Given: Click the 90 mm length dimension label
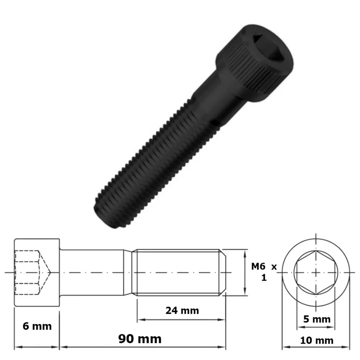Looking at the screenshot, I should coord(140,339).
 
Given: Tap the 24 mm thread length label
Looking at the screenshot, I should coord(182,311).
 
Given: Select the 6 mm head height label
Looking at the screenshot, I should coord(37,326).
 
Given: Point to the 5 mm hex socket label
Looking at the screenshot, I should coord(317,319).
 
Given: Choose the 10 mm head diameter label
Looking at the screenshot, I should coord(316,340).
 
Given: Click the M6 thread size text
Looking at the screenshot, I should coord(258,266).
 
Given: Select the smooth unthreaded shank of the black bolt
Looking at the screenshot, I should coord(213,100).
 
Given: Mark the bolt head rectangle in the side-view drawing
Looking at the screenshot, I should coord(37,272).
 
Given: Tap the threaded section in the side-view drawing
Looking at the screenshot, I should coord(177,272).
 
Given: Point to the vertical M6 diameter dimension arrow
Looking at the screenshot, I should coord(245,272).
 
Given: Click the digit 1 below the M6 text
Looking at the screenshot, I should coord(264,278).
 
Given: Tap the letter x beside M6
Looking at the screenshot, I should coord(274,267).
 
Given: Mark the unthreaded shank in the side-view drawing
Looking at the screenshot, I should coord(93,272).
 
